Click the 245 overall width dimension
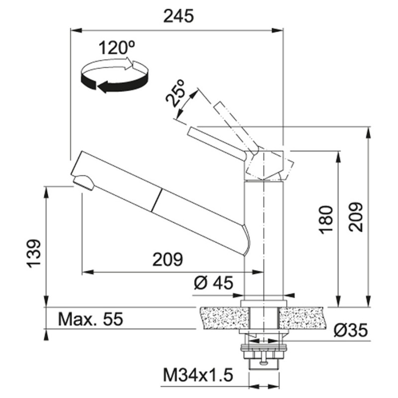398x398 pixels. point(179,16)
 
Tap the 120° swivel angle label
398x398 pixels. point(116,47)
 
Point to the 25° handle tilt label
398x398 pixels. point(176,93)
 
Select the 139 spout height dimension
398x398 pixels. point(34,253)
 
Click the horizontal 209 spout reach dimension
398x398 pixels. point(168,259)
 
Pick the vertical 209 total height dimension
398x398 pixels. point(355,217)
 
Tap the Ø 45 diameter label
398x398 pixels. point(213,283)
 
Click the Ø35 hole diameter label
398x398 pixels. point(351,330)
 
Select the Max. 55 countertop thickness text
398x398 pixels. point(91,319)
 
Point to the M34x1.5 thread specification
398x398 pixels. point(198,376)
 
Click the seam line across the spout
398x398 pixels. point(156,200)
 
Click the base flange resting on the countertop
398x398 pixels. point(264,303)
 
